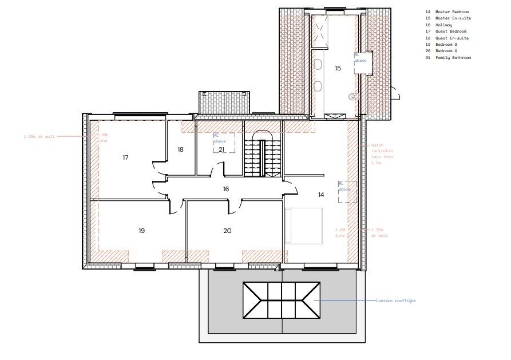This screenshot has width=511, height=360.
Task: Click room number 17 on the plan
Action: coord(125,157)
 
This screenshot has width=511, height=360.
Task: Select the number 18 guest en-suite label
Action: coord(180,149)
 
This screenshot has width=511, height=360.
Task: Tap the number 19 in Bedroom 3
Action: coord(141,231)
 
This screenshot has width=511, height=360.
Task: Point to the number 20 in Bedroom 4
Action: coord(227,231)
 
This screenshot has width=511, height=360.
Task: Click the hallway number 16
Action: coord(226,188)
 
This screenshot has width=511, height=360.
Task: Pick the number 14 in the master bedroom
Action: coord(321,195)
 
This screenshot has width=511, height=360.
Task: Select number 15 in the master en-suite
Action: coord(338,68)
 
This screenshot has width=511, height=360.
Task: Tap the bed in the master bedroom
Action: coord(304,226)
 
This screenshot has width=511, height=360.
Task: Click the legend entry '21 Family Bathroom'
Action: coord(448,58)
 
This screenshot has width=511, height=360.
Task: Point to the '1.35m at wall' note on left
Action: coord(39,137)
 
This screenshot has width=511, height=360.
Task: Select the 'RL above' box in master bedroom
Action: coord(347,192)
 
